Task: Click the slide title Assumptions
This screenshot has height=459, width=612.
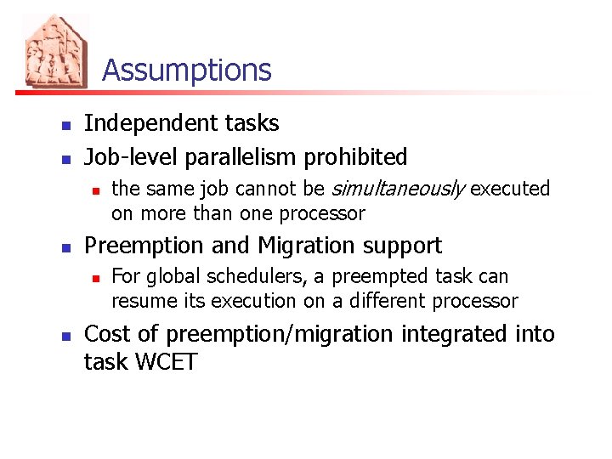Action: pyautogui.click(x=187, y=70)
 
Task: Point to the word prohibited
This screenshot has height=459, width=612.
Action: pyautogui.click(x=356, y=157)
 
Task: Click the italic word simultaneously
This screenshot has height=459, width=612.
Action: pyautogui.click(x=397, y=189)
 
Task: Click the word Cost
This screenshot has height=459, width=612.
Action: pyautogui.click(x=109, y=334)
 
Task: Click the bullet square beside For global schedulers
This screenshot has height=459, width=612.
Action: pyautogui.click(x=96, y=277)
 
